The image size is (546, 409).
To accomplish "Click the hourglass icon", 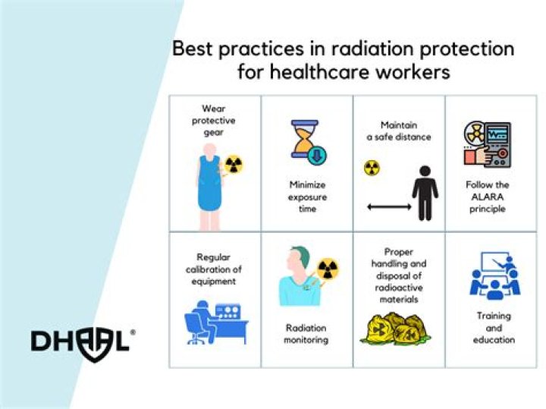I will [306, 142].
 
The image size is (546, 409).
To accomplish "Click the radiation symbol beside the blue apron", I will [234, 164].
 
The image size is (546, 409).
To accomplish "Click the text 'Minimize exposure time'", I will [307, 196].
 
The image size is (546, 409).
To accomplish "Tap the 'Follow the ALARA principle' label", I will [488, 196].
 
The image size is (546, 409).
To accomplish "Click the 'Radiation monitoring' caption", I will [307, 333].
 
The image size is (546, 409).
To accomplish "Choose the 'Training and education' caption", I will [494, 327].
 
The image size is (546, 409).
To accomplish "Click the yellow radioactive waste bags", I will [399, 327].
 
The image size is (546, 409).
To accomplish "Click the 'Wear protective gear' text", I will [215, 121].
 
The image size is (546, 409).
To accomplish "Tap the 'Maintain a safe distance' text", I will [399, 131].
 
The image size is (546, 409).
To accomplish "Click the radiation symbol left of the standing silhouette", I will [372, 167].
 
